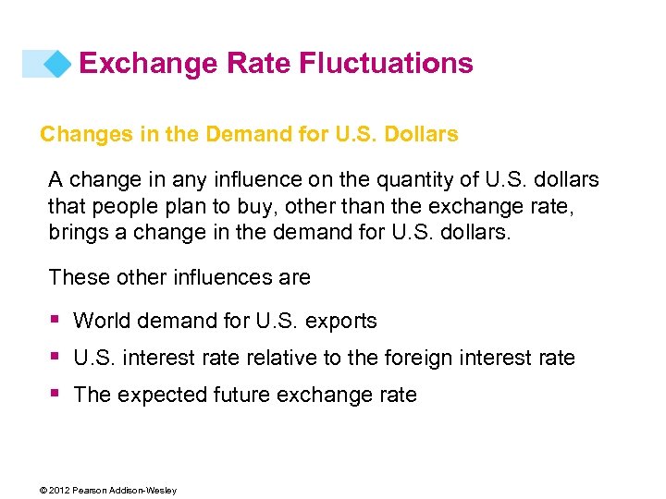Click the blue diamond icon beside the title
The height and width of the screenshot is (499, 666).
57,64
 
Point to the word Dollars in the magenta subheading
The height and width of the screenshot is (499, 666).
423,134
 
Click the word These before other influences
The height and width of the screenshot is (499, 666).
77,277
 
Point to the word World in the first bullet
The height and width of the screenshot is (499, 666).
99,322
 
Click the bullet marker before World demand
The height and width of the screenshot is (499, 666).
55,320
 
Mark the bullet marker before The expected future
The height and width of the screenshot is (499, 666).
55,394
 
